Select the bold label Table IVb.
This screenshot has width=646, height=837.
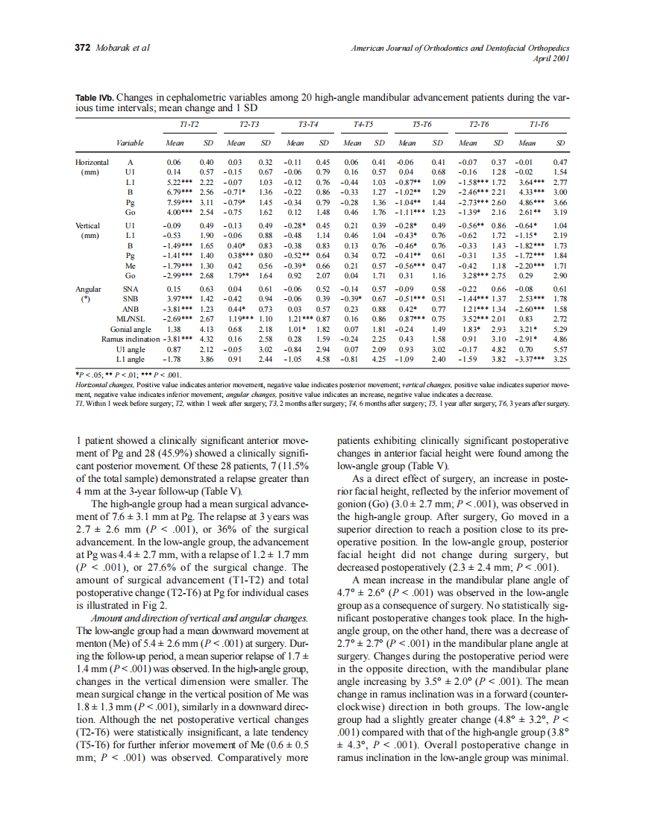[95, 98]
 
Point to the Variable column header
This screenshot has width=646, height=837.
[131, 142]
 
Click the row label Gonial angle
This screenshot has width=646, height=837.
[131, 329]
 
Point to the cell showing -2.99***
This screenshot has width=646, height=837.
[178, 276]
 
